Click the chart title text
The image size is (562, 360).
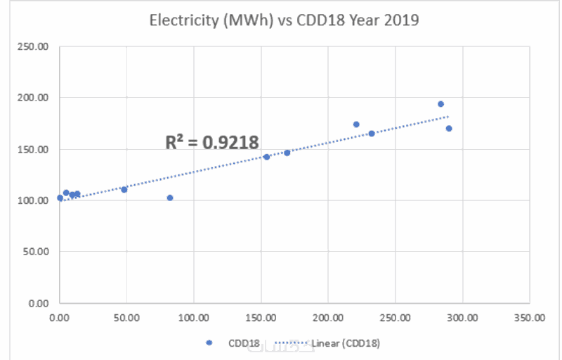284,20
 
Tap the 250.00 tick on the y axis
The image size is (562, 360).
34,46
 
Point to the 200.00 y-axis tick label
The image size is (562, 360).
34,98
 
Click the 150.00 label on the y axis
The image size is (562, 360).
34,149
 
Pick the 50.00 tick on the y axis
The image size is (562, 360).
36,252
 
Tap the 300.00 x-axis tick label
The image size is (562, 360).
462,317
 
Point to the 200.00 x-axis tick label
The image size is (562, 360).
328,317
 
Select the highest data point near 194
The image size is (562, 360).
440,104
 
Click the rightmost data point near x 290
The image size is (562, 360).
449,129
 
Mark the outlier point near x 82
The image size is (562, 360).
170,198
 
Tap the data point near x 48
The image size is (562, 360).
124,189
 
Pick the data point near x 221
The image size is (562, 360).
356,124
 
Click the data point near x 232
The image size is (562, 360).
372,134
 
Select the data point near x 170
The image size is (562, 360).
287,153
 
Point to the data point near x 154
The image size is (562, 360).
267,157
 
